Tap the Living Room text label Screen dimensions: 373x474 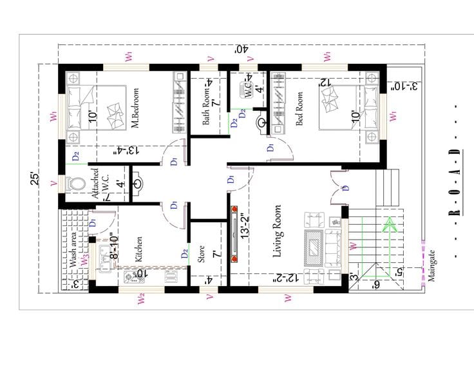coord(278,232)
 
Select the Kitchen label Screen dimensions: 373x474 coord(139,249)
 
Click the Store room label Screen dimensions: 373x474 coord(201,253)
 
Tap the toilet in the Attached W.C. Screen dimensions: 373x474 coord(77,184)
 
